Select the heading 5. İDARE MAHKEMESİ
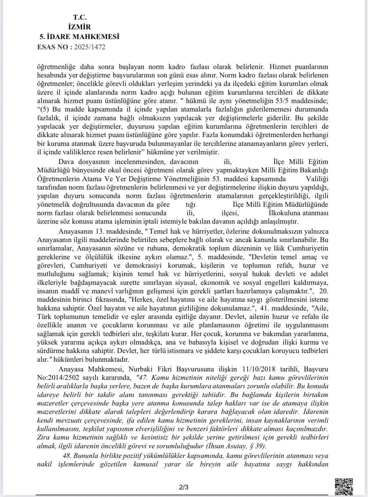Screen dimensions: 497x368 (79, 37)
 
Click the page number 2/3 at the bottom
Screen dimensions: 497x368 (184, 487)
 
